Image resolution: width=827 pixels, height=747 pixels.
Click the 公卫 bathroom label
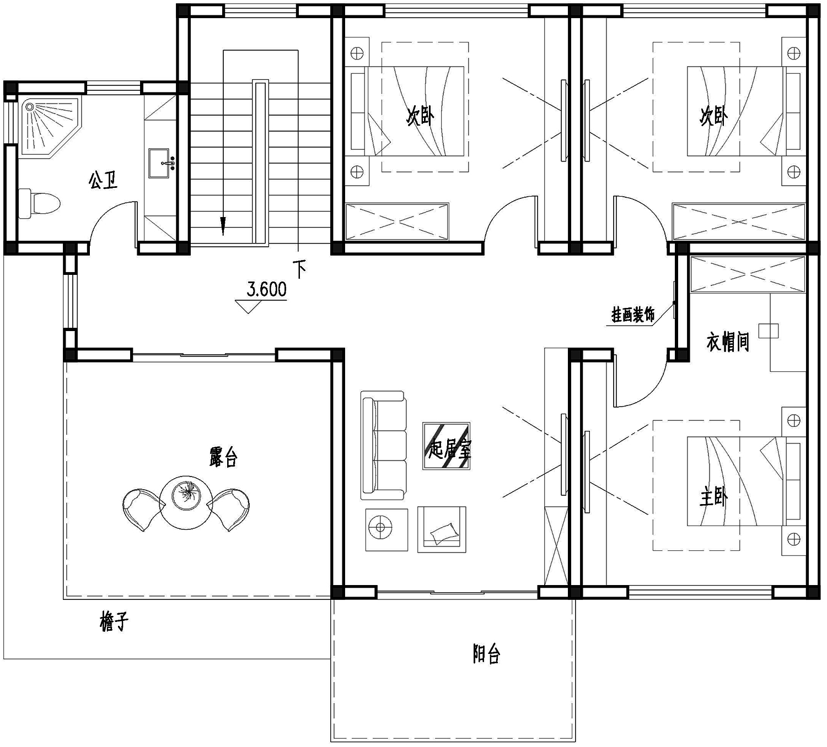pos(103,181)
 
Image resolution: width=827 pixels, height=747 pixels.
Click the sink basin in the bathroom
pos(159,163)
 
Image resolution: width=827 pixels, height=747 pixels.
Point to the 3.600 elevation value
pos(266,289)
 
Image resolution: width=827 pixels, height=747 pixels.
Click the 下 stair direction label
pos(300,269)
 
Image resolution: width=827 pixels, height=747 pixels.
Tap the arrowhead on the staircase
pos(223,226)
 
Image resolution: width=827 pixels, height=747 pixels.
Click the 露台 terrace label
pos(223,458)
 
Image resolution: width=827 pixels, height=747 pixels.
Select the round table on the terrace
pos(186,502)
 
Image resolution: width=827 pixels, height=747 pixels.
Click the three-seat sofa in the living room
pos(383,445)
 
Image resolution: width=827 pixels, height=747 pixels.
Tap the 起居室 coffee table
pos(447,446)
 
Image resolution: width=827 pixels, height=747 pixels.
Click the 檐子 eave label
pos(114,621)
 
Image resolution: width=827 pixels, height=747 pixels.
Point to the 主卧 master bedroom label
pos(713,498)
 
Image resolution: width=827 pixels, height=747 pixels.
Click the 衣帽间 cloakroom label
pos(728,342)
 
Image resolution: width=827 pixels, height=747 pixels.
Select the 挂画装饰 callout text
pos(633,315)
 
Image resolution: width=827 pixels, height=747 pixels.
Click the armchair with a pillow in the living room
pos(442,529)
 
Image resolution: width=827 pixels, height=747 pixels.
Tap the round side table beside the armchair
pos(386,530)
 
